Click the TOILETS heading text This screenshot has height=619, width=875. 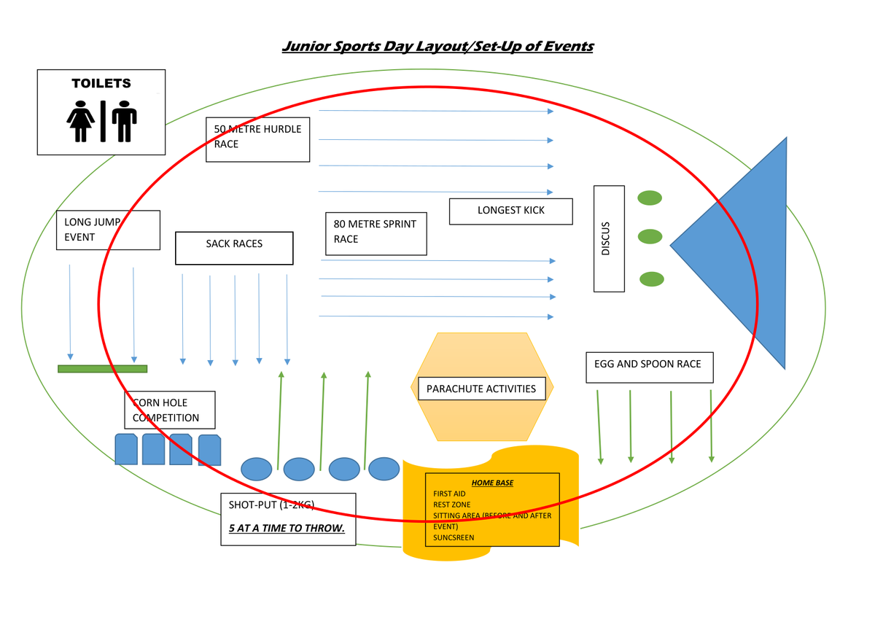click(101, 84)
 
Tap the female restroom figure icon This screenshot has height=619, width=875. click(80, 121)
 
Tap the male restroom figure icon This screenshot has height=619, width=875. click(124, 121)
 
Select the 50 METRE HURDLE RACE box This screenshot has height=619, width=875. click(257, 139)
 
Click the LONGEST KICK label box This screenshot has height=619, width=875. click(510, 211)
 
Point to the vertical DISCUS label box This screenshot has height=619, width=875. click(608, 238)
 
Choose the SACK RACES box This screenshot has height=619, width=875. click(234, 248)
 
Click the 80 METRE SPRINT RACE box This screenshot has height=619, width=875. click(376, 233)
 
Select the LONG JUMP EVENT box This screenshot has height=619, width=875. click(107, 230)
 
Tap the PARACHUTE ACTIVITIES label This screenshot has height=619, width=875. click(481, 389)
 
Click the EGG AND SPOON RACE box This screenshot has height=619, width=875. click(648, 367)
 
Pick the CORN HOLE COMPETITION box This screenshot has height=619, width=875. click(170, 410)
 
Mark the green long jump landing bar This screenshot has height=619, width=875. click(102, 369)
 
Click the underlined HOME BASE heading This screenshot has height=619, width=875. click(492, 483)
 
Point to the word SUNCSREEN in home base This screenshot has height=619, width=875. click(454, 537)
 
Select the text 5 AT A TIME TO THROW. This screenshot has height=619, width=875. click(287, 528)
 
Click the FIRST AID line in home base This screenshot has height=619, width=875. click(449, 494)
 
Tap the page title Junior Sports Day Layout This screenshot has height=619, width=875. click(437, 47)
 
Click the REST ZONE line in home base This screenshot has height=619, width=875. click(452, 505)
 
